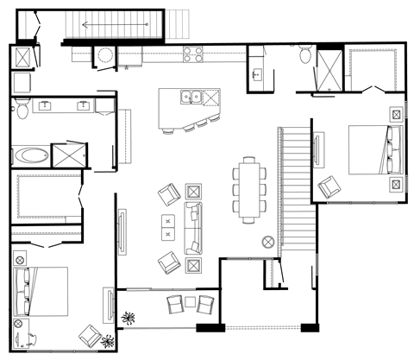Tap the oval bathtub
coord(31,157)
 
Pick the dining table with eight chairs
coord(249,187)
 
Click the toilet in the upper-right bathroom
coord(304,56)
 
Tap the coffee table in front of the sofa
coord(166,228)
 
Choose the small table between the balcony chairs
coord(189,304)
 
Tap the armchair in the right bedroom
coord(329,186)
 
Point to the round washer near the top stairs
coord(105,56)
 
